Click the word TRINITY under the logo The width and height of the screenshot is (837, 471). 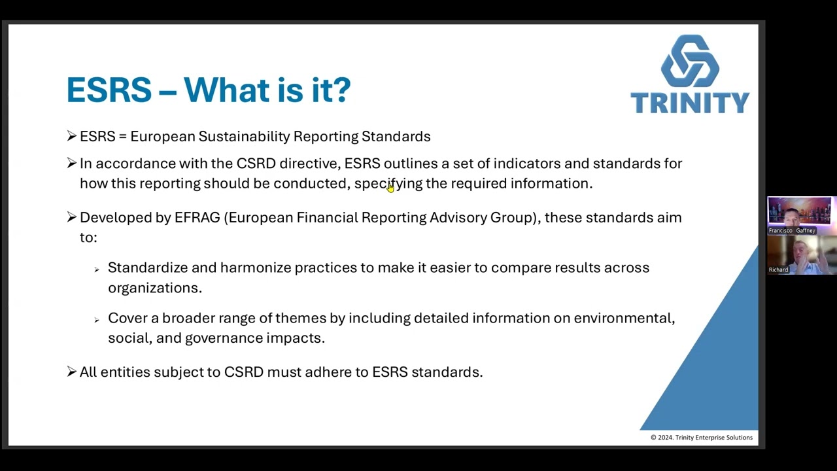[x=690, y=103]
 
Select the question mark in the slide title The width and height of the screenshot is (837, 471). [x=342, y=90]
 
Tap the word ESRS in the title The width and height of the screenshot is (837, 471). [x=109, y=90]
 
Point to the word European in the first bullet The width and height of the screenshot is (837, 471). [x=163, y=136]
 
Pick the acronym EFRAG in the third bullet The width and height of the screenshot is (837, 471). [x=197, y=217]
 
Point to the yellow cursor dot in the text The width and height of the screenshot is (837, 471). [x=390, y=188]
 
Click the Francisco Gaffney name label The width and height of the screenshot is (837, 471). [x=792, y=230]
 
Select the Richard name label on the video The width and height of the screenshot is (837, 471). [x=778, y=270]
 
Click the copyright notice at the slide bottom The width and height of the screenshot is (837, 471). [x=701, y=438]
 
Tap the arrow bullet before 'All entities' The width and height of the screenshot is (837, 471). [x=71, y=372]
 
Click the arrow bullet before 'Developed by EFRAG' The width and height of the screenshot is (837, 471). [x=71, y=217]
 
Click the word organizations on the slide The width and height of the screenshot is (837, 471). [x=154, y=288]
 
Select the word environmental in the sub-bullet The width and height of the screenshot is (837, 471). [x=624, y=318]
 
